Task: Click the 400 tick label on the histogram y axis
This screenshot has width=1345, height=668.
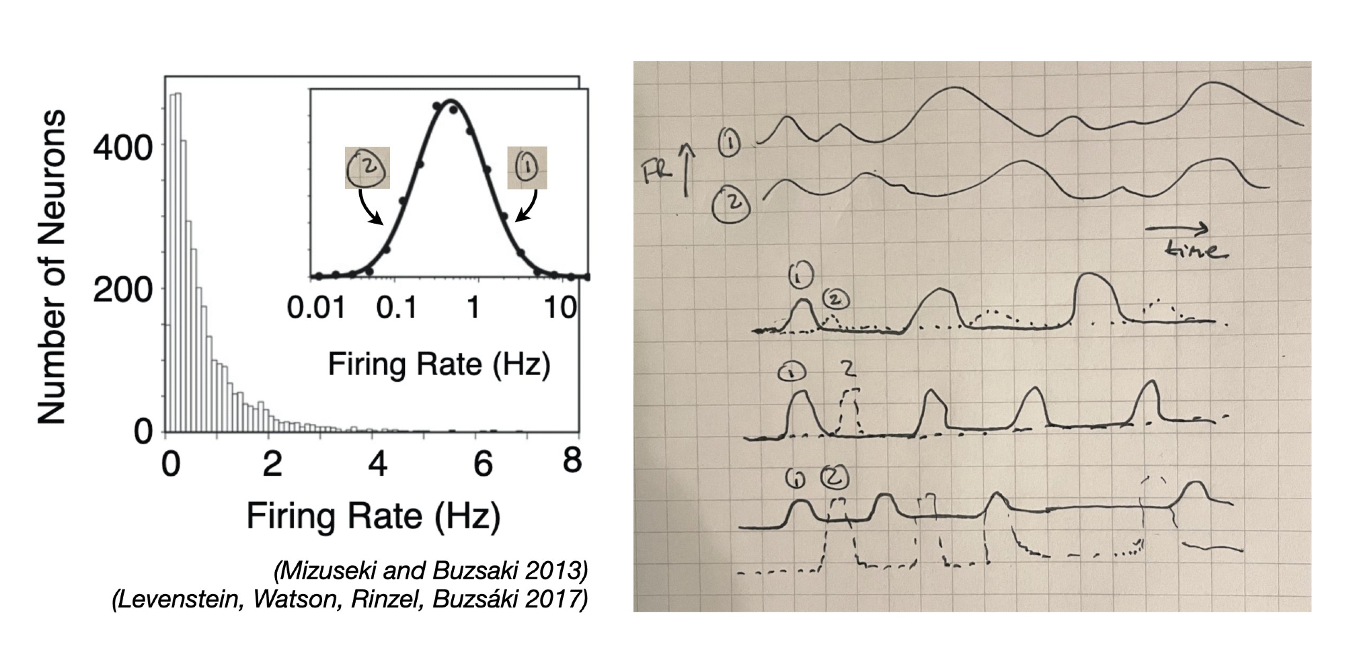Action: coord(123,147)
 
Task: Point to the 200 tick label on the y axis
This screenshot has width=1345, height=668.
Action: coord(123,290)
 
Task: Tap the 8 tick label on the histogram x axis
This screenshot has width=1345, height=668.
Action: coord(572,462)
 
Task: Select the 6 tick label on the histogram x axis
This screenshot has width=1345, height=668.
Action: coord(484,464)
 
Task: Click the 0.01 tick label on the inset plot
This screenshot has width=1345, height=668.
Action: coord(316,308)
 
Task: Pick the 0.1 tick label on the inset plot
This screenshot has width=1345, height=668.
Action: coord(397,308)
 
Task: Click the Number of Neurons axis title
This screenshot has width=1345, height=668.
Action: coord(52,267)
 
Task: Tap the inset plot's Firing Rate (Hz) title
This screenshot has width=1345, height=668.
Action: coord(439,365)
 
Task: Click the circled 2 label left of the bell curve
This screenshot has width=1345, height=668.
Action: coord(367,168)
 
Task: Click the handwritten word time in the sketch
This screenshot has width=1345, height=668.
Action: coord(1198,250)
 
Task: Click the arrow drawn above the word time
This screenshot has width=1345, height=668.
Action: coord(1177,229)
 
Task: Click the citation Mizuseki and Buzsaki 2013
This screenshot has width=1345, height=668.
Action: coord(430,571)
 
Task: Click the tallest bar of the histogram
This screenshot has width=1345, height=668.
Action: coord(178,262)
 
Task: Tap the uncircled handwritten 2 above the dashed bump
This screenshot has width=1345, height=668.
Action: coord(849,368)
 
